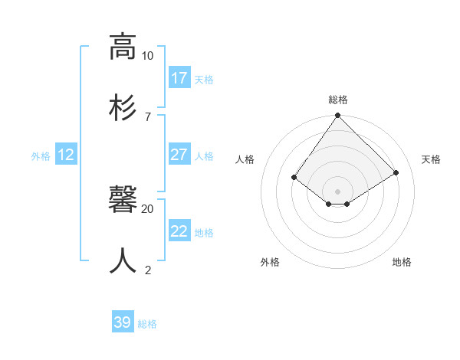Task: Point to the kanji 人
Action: (123, 260)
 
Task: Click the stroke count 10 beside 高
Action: (147, 56)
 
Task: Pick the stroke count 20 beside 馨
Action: (147, 208)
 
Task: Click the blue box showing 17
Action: (179, 78)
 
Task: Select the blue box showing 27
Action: (179, 155)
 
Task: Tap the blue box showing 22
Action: (179, 231)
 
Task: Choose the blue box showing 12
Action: (66, 155)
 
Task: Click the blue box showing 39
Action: (123, 322)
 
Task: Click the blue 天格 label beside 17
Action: (204, 80)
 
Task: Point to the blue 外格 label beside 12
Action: (41, 156)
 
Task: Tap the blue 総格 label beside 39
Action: (147, 324)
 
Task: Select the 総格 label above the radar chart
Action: (338, 100)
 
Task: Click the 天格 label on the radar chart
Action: (432, 159)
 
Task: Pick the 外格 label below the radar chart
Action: (270, 262)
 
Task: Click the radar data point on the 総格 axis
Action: (338, 116)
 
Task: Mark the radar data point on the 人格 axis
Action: (294, 177)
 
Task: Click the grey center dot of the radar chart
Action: (338, 191)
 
